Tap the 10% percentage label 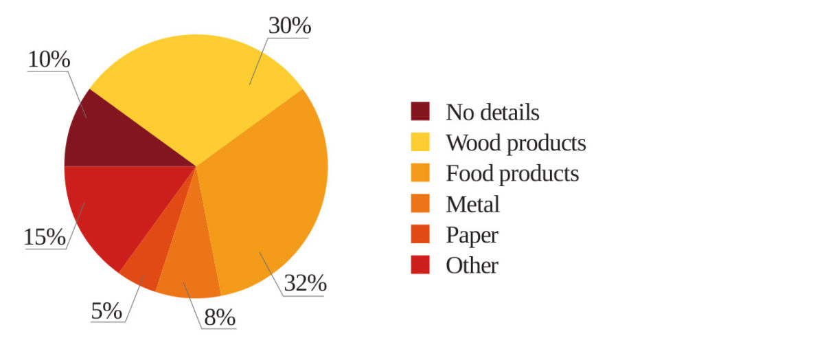[49, 60]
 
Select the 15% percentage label [45, 238]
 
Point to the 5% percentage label [106, 311]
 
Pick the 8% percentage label [219, 317]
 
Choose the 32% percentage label [305, 283]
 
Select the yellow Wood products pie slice [199, 96]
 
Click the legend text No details [492, 112]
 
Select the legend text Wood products [516, 143]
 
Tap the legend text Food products [512, 173]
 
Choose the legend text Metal [472, 204]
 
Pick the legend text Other [472, 265]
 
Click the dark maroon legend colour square [420, 111]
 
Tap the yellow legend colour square [420, 142]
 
